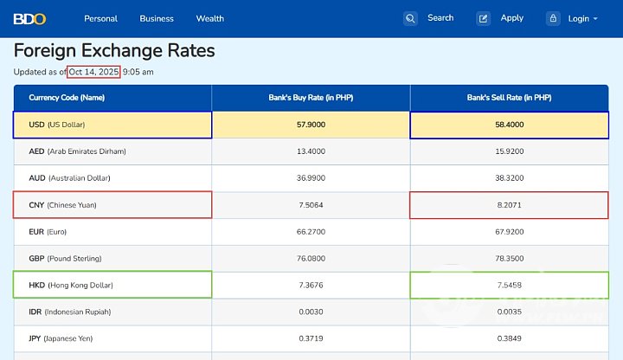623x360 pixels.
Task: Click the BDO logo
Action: coord(29,18)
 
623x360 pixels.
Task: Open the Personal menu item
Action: coord(100,18)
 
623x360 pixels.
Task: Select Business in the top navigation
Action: coord(157,18)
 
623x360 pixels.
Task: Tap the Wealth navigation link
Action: coord(210,18)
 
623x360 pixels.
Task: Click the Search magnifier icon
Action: coord(410,18)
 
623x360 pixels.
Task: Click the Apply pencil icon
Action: coord(484,18)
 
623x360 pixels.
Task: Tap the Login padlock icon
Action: coord(553,18)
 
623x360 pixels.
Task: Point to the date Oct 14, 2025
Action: coord(93,72)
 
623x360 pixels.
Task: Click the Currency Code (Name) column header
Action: coord(67,98)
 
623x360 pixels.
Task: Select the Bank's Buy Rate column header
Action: coord(311,98)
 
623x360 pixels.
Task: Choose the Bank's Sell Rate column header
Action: coord(509,98)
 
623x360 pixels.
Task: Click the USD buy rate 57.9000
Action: coord(311,125)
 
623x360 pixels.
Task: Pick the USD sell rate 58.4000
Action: coord(509,125)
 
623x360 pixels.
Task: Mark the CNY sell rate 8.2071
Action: coord(509,205)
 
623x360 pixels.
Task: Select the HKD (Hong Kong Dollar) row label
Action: coord(71,285)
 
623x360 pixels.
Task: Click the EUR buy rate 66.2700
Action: coord(311,232)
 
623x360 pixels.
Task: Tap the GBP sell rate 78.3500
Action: coord(509,259)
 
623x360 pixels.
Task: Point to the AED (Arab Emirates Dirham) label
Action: coord(77,151)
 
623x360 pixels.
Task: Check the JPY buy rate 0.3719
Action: coord(311,338)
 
